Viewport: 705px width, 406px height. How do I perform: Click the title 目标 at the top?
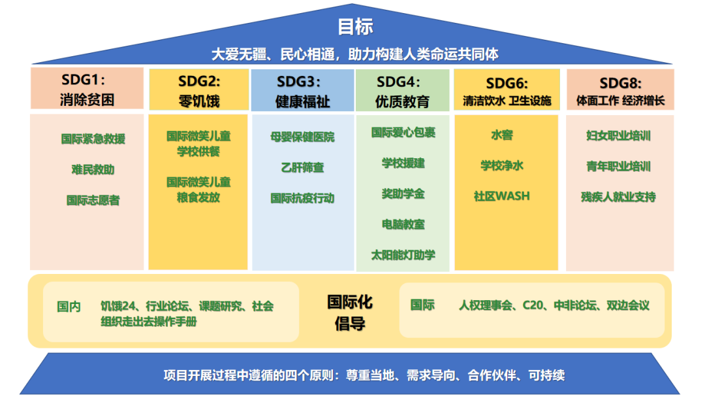[355, 27]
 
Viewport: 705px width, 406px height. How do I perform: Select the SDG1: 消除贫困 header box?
[87, 88]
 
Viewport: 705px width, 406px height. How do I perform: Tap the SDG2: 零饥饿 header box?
[198, 90]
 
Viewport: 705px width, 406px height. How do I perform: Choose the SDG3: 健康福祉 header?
[302, 90]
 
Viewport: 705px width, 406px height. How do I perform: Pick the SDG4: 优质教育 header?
[402, 90]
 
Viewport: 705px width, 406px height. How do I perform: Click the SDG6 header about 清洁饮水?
[507, 90]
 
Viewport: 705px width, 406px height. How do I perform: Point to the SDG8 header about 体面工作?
[620, 90]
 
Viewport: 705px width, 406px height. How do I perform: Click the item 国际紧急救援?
[93, 139]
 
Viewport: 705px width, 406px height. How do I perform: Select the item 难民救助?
[93, 170]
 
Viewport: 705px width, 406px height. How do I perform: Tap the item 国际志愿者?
[93, 200]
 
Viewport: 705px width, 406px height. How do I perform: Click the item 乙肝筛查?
[303, 168]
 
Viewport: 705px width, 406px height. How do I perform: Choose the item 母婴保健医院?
[303, 137]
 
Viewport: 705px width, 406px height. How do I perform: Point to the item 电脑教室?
[403, 225]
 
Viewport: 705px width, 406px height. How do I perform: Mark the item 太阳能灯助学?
[403, 255]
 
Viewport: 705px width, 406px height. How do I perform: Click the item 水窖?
[502, 135]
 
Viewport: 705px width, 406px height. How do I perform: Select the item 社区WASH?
[502, 196]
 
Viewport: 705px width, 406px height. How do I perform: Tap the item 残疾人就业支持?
[618, 197]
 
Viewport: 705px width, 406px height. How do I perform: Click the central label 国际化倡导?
[350, 313]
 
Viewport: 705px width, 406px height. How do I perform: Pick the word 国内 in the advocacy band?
[69, 307]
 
